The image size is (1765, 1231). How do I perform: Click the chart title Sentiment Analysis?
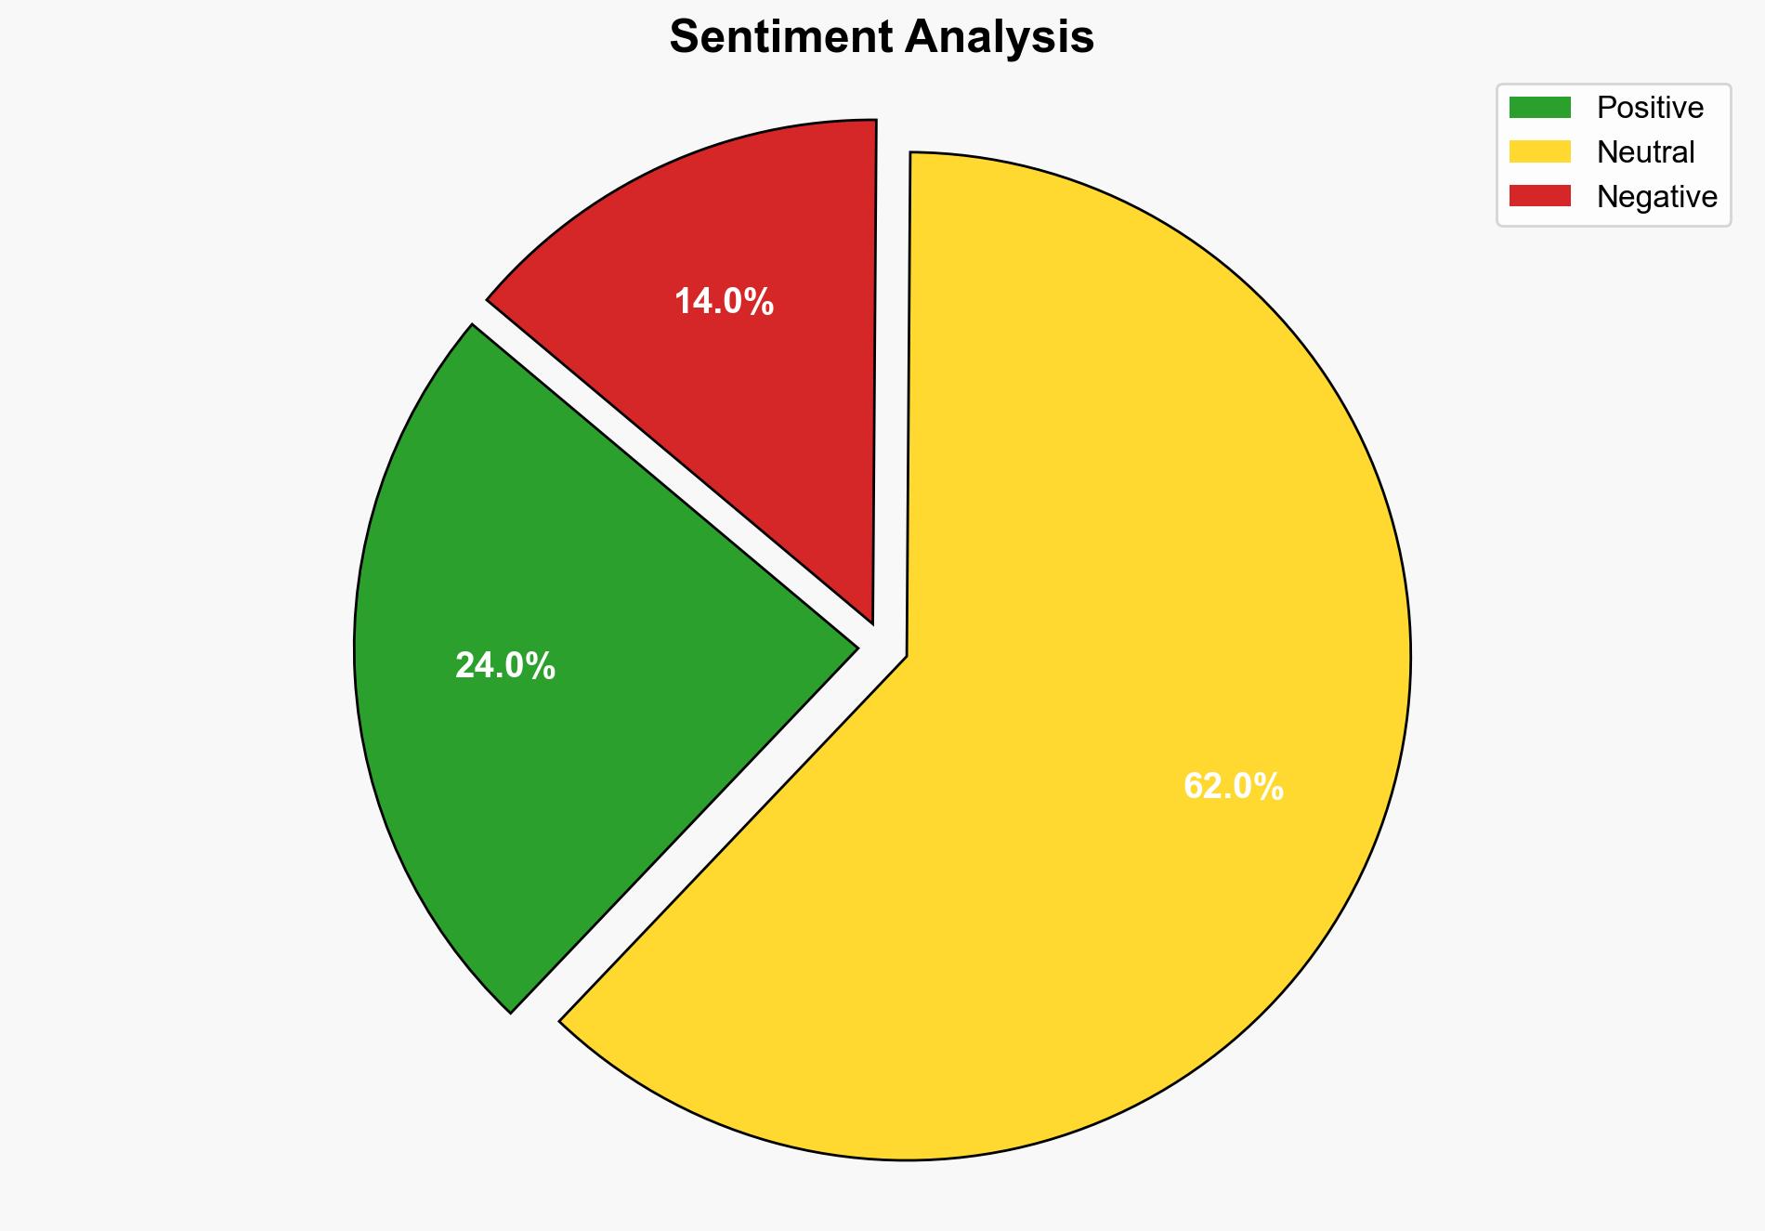882,38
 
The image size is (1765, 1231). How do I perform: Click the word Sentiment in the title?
781,38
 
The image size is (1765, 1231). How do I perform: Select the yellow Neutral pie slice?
1115,604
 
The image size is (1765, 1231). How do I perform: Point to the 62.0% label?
1233,787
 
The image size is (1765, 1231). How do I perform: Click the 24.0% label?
504,666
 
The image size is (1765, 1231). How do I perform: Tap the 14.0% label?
724,302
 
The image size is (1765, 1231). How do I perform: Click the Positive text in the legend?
1650,108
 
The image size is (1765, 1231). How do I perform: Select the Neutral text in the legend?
1645,152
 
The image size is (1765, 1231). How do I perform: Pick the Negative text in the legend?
1656,197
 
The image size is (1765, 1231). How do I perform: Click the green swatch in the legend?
1539,108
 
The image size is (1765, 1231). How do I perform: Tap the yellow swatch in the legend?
1539,151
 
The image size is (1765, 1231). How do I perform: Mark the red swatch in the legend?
1539,196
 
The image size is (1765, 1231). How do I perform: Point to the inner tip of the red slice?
871,621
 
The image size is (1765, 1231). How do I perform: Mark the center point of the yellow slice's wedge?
907,657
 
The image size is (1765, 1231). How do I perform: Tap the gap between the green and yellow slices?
706,836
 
